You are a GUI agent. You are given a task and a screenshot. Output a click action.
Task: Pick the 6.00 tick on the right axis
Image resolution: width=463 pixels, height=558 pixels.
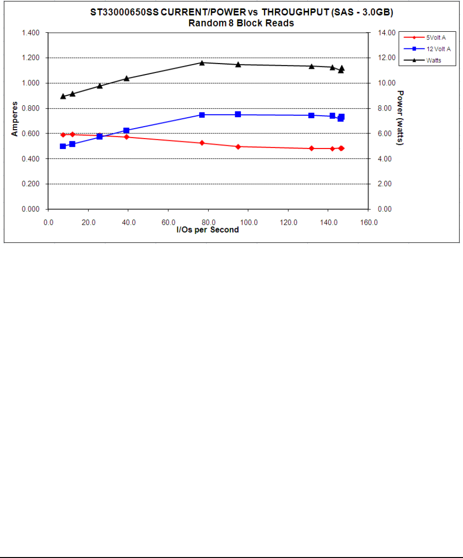[x=382, y=133]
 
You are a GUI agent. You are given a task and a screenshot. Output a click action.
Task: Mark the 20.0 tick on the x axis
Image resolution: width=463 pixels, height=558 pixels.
[x=88, y=222]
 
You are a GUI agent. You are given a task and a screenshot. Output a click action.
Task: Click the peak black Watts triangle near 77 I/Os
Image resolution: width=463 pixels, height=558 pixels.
[x=202, y=63]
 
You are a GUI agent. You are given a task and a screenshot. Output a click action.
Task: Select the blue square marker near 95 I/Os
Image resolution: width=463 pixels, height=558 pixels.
[x=238, y=114]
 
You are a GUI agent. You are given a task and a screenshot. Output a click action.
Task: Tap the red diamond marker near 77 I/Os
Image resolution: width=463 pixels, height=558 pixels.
[x=202, y=143]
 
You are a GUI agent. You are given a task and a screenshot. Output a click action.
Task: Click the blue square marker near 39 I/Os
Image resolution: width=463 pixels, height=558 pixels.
[x=126, y=130]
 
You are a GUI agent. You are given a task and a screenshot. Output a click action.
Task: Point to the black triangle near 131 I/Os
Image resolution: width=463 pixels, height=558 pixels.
[x=311, y=66]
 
